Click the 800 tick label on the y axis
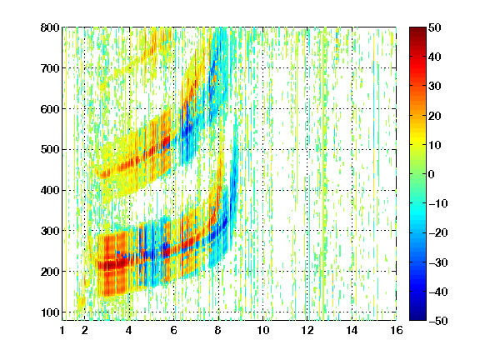click(x=50, y=27)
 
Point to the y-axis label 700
click(x=50, y=68)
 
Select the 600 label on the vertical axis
click(x=50, y=109)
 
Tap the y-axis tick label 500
click(x=50, y=150)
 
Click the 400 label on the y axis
click(x=50, y=191)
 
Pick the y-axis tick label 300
click(x=50, y=231)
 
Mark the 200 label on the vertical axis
click(x=50, y=272)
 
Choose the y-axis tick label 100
click(x=50, y=312)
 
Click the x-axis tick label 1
click(x=62, y=331)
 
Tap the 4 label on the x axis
click(x=129, y=331)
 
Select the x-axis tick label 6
click(x=173, y=331)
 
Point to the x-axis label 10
click(x=263, y=331)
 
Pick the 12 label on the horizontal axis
click(x=307, y=331)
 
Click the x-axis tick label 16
click(x=397, y=331)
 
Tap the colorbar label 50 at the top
click(x=435, y=27)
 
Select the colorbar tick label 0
click(x=432, y=174)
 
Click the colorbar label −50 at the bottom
click(x=438, y=321)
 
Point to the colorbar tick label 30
click(x=435, y=87)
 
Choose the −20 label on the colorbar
click(x=438, y=233)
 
